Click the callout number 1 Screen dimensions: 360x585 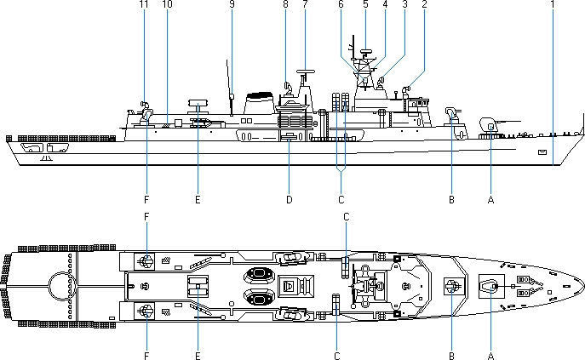click(553, 4)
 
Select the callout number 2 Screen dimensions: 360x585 click(423, 4)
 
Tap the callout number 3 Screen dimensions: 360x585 click(404, 4)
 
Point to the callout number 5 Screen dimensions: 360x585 click(364, 4)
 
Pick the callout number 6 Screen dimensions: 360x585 click(341, 4)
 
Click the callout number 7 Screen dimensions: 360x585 click(304, 4)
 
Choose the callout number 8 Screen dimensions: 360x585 click(285, 4)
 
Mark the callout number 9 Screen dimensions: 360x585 click(231, 4)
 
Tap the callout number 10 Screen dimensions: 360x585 click(166, 4)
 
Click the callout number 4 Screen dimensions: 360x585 click(385, 4)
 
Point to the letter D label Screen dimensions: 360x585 click(289, 201)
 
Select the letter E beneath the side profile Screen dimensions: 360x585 click(198, 201)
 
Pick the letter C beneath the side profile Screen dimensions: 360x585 click(341, 201)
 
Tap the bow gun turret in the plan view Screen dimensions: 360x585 click(492, 286)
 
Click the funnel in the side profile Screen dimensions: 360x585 click(256, 104)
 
